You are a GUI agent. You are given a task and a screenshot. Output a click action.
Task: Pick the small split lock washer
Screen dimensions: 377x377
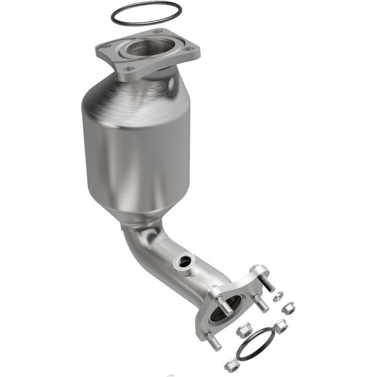pyautogui.click(x=279, y=296)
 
